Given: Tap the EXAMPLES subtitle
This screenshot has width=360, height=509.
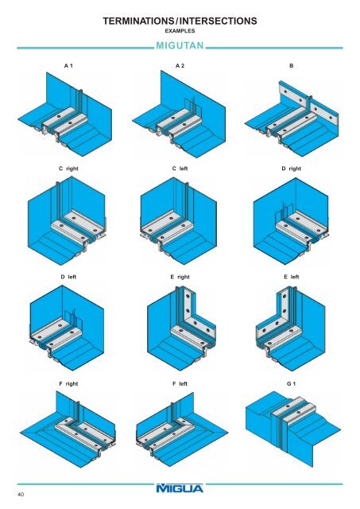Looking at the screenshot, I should pyautogui.click(x=180, y=33).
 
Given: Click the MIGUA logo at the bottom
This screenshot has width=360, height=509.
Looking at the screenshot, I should pyautogui.click(x=180, y=493).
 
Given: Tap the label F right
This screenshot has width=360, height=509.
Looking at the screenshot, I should pyautogui.click(x=68, y=383).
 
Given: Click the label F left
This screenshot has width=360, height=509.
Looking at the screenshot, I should pyautogui.click(x=180, y=383).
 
